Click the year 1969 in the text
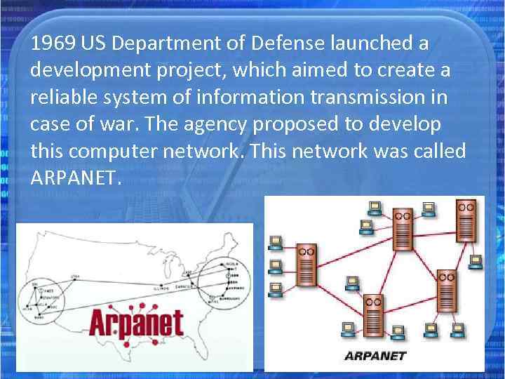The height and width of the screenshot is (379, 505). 53,44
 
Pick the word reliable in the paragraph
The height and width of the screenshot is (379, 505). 61,98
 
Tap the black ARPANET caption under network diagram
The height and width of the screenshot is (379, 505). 375,355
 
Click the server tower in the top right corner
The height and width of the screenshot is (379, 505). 466,221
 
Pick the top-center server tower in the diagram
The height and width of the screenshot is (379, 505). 402,229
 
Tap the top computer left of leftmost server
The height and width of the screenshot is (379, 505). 276,242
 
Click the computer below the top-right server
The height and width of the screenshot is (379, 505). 476,261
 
